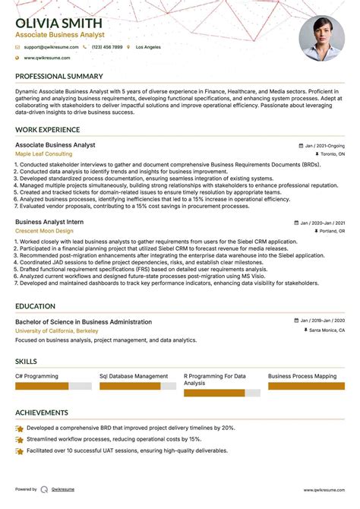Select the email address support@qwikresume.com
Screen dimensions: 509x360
46,47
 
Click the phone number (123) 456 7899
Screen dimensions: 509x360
106,47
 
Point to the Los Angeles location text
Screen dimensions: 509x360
148,47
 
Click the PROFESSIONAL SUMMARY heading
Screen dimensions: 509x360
58,76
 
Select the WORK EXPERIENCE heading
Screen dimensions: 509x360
47,130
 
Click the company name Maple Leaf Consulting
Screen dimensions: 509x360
44,153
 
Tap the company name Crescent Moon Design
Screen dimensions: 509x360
44,230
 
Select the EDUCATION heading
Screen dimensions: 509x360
35,306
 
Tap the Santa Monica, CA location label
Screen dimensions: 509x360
327,330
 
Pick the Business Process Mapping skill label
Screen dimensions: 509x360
302,376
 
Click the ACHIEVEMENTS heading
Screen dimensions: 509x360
42,413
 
